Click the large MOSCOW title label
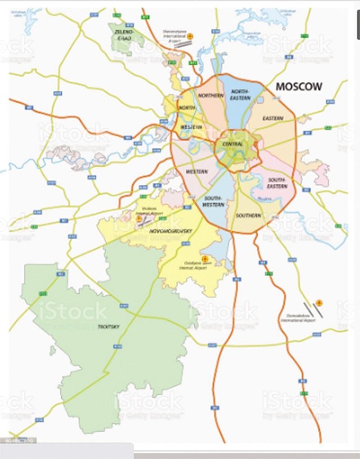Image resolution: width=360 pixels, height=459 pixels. pos(299,87)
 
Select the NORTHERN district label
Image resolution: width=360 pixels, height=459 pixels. pos(211,96)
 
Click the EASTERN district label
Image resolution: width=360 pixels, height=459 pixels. pos(272,118)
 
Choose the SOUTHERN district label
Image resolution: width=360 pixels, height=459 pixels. pos(248,215)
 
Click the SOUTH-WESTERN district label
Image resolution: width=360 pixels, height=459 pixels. pos(214,201)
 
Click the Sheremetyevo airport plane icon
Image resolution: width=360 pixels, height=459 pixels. pos(190,35)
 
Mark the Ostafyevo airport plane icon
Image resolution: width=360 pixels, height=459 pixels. pos(204,259)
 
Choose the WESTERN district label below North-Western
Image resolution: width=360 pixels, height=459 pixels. pos(197,171)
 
